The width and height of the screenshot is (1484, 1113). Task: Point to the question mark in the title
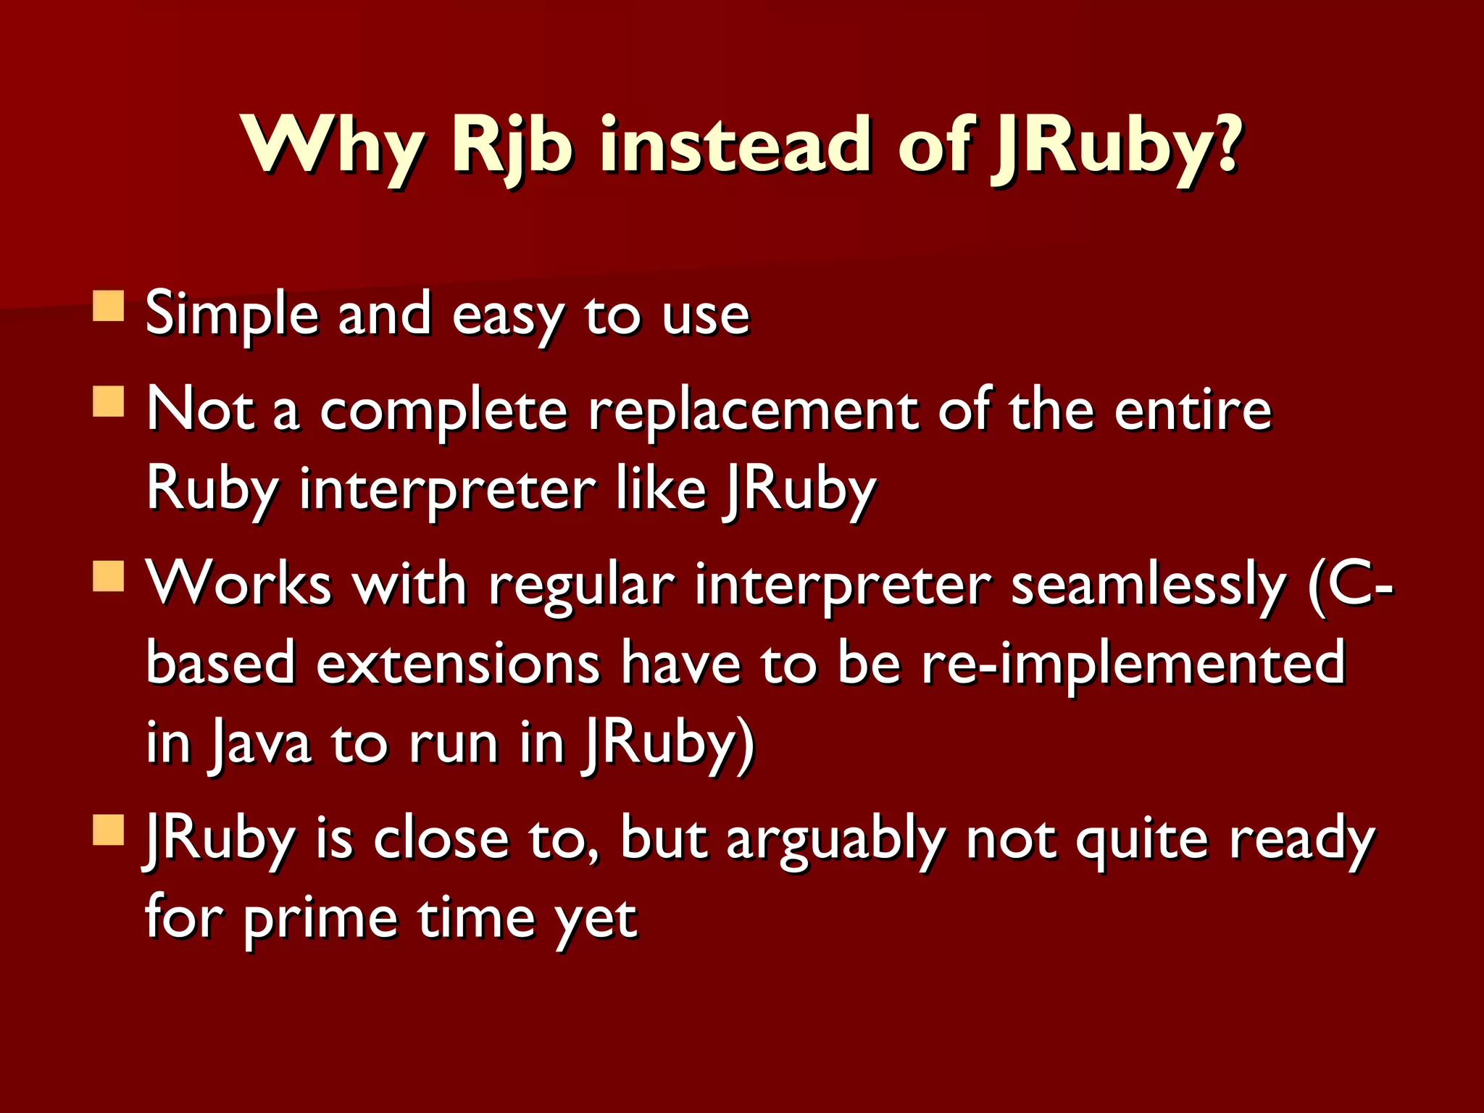[1226, 142]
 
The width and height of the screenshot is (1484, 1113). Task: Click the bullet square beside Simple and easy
[109, 306]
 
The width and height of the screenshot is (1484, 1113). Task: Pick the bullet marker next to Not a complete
[109, 401]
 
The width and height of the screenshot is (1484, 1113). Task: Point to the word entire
[1192, 410]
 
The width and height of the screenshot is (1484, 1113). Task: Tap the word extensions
[458, 664]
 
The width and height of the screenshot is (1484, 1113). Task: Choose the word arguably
[835, 841]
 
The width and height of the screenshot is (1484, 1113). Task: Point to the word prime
[320, 920]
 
